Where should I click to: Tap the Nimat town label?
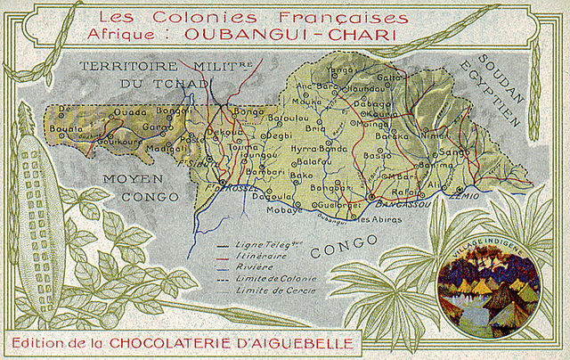point(434,136)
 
